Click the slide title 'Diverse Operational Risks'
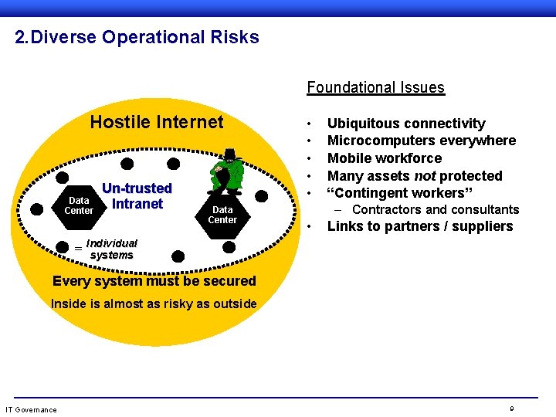coord(146,37)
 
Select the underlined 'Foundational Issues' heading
coord(375,87)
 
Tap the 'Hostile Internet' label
coord(157,122)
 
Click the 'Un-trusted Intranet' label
coord(137,196)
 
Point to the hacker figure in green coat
coord(225,172)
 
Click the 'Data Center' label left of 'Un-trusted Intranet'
coord(79,206)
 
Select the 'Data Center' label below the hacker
coord(222,215)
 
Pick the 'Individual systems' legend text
coord(111,249)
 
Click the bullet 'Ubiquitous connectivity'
coord(406,124)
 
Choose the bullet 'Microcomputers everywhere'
coord(422,141)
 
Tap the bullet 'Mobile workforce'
coord(385,158)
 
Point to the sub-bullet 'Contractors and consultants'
coord(436,210)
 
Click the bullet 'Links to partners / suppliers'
coord(420,226)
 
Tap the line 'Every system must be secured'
coord(153,281)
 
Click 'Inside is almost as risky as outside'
coord(154,303)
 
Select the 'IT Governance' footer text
coord(31,409)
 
